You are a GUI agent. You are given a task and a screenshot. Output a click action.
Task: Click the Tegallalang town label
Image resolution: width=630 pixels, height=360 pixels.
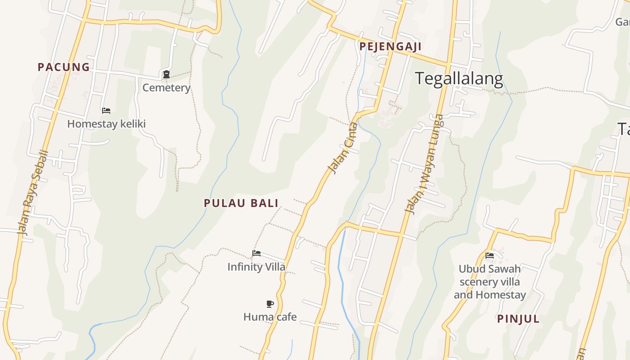click(x=459, y=79)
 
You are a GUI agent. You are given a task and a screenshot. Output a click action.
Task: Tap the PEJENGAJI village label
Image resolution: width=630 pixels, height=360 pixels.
click(x=390, y=46)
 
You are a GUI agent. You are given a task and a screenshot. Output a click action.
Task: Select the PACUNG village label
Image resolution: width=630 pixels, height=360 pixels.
click(x=64, y=67)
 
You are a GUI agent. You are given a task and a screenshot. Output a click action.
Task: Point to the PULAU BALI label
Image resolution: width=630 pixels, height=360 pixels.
click(x=241, y=203)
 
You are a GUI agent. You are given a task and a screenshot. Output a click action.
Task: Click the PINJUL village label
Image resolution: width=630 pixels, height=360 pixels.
click(x=518, y=319)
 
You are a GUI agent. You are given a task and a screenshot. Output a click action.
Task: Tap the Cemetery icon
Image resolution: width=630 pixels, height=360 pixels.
click(x=166, y=74)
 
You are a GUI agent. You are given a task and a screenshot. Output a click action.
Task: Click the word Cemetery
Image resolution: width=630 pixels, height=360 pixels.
click(x=166, y=88)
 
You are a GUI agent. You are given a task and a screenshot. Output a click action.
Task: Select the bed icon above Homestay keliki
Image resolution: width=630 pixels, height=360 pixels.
click(x=106, y=110)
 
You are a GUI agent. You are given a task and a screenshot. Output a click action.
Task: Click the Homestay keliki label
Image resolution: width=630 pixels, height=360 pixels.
click(x=106, y=124)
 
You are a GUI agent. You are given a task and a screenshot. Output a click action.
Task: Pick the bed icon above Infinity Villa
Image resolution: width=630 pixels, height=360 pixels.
click(x=256, y=253)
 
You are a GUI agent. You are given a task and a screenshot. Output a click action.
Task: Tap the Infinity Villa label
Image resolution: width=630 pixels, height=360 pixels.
click(x=256, y=267)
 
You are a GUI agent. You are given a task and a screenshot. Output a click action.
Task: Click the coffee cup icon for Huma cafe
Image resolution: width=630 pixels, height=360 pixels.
click(x=270, y=304)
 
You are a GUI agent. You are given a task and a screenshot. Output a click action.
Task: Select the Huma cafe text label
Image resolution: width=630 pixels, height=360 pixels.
click(x=270, y=317)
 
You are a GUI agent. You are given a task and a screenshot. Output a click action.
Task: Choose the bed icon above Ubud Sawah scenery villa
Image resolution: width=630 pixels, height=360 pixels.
click(x=490, y=256)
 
